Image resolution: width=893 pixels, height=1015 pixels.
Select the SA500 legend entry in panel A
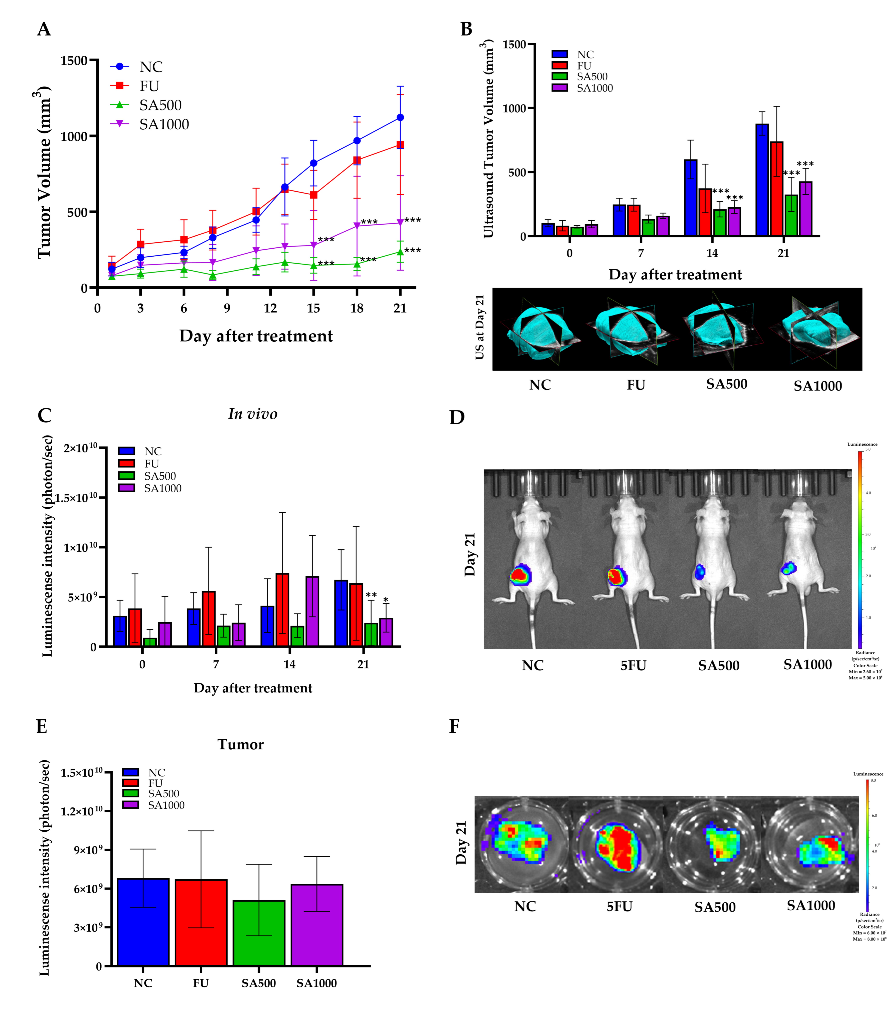click(x=160, y=105)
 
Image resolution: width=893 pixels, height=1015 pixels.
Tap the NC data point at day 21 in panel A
click(x=400, y=118)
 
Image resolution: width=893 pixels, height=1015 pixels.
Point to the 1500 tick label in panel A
click(x=74, y=61)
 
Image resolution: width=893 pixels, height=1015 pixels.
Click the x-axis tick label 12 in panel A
click(x=270, y=308)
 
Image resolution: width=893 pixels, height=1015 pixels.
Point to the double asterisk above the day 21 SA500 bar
click(x=371, y=594)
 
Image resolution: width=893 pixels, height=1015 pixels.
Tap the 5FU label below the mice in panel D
click(x=633, y=665)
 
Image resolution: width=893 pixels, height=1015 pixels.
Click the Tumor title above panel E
click(x=241, y=744)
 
